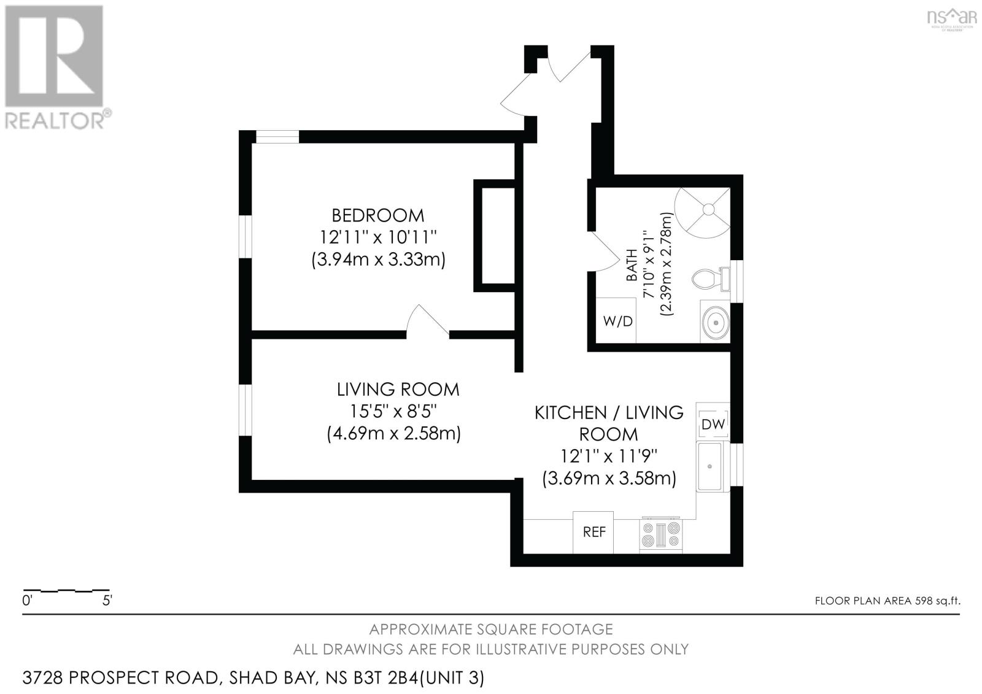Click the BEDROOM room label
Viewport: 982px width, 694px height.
(x=377, y=215)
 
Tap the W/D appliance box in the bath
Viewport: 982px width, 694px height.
(x=617, y=321)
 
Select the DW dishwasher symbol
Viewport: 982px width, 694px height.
(x=713, y=423)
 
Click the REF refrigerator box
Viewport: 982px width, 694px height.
(x=593, y=532)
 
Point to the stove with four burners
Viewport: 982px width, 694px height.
(x=660, y=534)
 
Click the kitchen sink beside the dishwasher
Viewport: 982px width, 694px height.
(x=712, y=466)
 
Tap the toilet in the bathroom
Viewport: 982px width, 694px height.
(x=706, y=280)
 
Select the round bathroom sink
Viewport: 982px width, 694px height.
(x=715, y=321)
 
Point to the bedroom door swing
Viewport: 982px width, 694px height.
(x=428, y=320)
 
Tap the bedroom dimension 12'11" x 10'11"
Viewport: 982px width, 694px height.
(x=377, y=237)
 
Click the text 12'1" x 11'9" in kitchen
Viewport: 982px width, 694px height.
(x=608, y=456)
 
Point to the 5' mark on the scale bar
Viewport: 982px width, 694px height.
(x=107, y=600)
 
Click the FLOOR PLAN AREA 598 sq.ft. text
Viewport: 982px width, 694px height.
(x=887, y=601)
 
